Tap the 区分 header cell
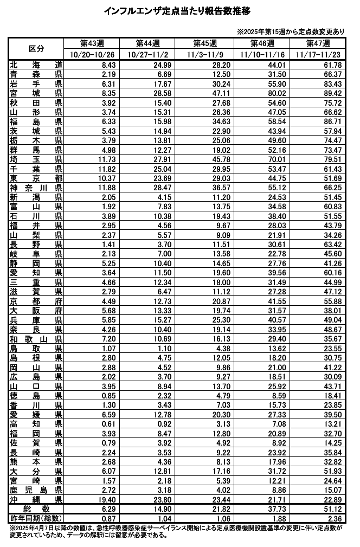36,49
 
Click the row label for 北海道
36,65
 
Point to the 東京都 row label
36,178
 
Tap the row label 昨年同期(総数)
36,518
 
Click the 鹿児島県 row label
36,490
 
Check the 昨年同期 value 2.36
334,518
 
